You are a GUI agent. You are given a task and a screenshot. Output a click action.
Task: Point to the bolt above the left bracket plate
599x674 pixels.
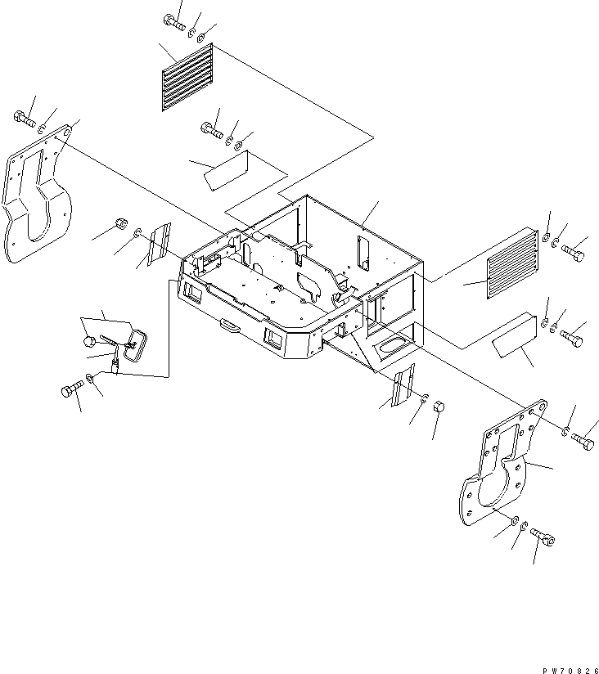pos(25,120)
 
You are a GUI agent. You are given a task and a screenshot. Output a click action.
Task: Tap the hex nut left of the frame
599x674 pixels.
pos(120,223)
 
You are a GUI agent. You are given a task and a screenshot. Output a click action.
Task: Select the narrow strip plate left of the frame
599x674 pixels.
pos(156,243)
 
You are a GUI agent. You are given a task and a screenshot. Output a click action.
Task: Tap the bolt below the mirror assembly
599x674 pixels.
pos(73,389)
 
